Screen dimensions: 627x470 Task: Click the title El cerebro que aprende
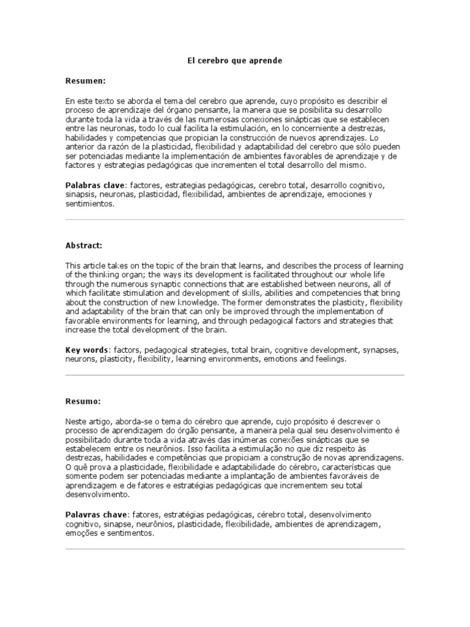click(234, 61)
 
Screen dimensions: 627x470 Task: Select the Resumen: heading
click(86, 81)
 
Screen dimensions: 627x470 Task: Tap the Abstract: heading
click(84, 245)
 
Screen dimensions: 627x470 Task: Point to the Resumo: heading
click(83, 402)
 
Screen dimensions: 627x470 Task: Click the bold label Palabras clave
click(95, 184)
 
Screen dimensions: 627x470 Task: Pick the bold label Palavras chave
click(95, 514)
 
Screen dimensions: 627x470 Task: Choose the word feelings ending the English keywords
click(331, 359)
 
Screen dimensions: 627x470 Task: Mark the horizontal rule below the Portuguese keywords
click(234, 549)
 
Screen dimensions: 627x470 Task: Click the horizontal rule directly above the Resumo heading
click(234, 375)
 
